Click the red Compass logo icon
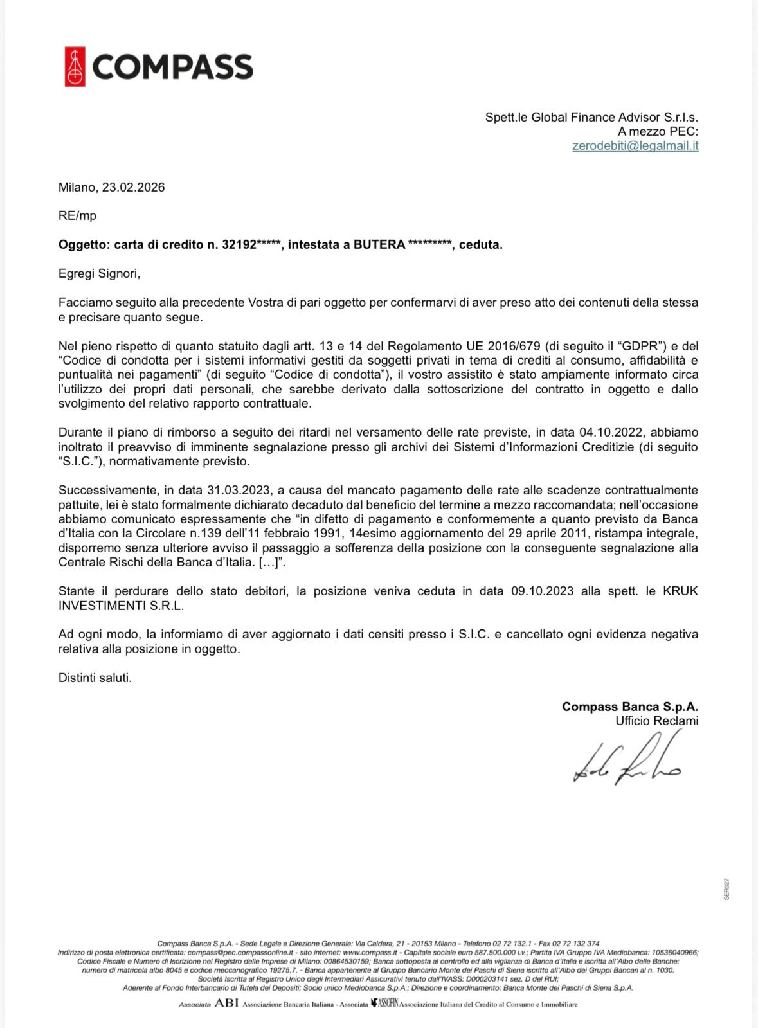[75, 67]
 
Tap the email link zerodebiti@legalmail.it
[635, 146]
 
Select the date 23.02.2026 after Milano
[133, 188]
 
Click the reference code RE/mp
[77, 216]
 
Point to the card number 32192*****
[252, 245]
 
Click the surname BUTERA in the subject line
[379, 245]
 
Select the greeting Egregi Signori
[99, 274]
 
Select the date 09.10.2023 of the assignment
[542, 591]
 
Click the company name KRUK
[680, 591]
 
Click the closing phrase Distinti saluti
[95, 678]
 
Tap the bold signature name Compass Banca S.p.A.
[629, 707]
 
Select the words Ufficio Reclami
[656, 721]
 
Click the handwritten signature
[627, 763]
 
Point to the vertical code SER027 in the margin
[726, 889]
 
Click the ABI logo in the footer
[226, 1004]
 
